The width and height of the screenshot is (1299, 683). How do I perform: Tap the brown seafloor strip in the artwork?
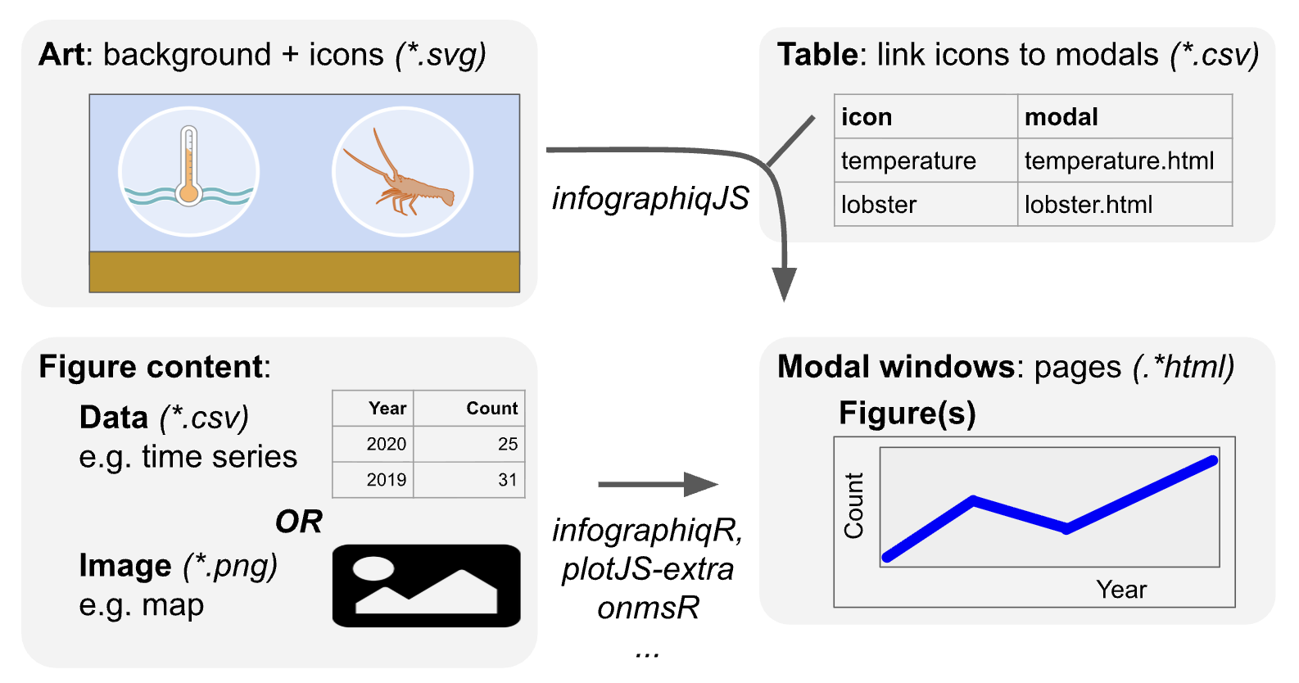pyautogui.click(x=304, y=272)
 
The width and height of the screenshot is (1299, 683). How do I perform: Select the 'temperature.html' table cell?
pyautogui.click(x=1119, y=161)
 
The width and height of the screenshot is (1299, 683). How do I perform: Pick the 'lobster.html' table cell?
pyautogui.click(x=1088, y=204)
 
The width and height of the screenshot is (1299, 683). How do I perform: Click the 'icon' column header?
pyautogui.click(x=867, y=117)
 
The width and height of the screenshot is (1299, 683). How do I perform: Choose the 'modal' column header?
pyautogui.click(x=1061, y=117)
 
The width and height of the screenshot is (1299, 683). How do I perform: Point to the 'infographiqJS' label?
pyautogui.click(x=650, y=198)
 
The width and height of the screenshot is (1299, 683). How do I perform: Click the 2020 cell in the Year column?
pyautogui.click(x=386, y=444)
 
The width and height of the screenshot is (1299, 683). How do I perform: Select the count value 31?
pyautogui.click(x=507, y=480)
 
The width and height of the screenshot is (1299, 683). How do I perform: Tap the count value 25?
pyautogui.click(x=507, y=444)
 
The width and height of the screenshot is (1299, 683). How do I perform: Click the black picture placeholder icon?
pyautogui.click(x=426, y=586)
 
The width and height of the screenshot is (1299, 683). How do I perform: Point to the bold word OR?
pyautogui.click(x=298, y=522)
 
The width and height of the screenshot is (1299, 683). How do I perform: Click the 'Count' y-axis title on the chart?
pyautogui.click(x=853, y=505)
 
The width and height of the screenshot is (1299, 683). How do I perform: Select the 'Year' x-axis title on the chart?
pyautogui.click(x=1121, y=590)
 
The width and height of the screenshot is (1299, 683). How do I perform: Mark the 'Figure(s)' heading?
pyautogui.click(x=907, y=413)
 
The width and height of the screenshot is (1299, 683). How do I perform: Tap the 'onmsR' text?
pyautogui.click(x=648, y=608)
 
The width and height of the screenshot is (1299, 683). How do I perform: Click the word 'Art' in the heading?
pyautogui.click(x=61, y=55)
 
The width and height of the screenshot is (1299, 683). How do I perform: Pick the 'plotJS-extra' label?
pyautogui.click(x=647, y=569)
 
